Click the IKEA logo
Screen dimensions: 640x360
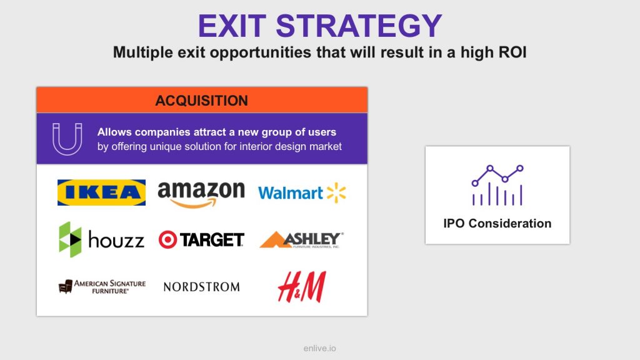click(x=101, y=192)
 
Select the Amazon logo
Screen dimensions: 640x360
click(x=201, y=194)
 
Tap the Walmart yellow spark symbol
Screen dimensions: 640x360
click(x=336, y=192)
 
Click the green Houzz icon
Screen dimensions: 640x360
click(x=70, y=239)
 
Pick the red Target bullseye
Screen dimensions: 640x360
click(x=167, y=239)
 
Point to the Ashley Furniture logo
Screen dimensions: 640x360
click(x=302, y=239)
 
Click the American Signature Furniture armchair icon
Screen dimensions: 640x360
click(x=65, y=286)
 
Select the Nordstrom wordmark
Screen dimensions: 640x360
click(x=202, y=287)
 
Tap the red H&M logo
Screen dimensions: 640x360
click(x=302, y=287)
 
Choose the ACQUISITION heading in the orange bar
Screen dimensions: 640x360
click(x=202, y=101)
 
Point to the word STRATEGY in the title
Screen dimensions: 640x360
click(x=359, y=26)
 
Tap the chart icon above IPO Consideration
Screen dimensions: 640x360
click(x=497, y=185)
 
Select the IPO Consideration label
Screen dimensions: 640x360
click(x=497, y=223)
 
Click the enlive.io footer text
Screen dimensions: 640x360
click(x=320, y=348)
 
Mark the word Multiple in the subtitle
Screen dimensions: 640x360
click(x=137, y=52)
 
